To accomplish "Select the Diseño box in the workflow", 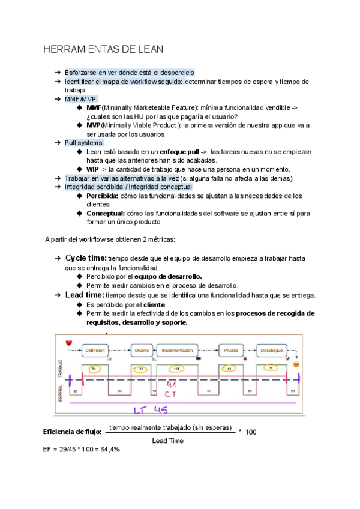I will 142,349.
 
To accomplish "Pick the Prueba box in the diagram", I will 231,349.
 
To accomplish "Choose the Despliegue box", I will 271,349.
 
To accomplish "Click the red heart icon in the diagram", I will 69,343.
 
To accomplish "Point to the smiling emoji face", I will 295,364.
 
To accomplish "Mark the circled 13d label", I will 176,369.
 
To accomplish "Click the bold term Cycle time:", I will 86,258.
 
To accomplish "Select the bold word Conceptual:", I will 106,213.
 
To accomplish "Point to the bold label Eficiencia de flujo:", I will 71,432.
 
